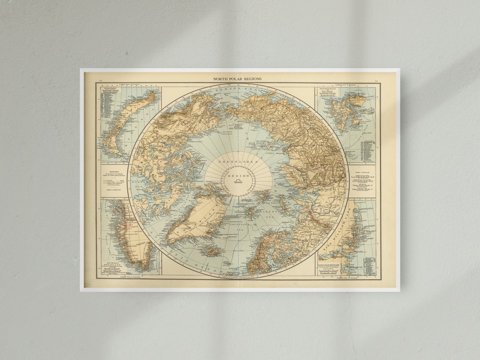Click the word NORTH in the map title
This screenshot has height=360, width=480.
click(x=220, y=79)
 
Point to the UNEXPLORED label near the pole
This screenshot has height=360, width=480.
click(x=238, y=162)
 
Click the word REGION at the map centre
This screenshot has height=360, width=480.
click(x=239, y=176)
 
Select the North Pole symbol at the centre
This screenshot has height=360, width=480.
click(x=239, y=181)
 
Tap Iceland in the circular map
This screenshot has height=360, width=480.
click(x=211, y=252)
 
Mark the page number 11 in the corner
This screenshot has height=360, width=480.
click(x=100, y=81)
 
